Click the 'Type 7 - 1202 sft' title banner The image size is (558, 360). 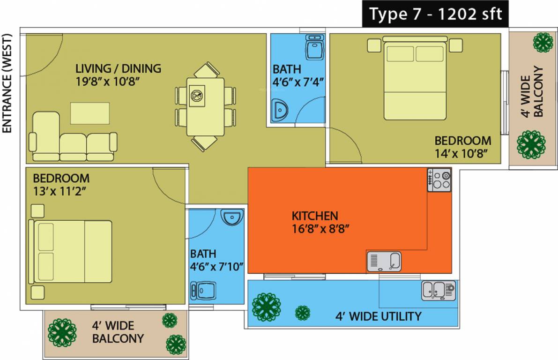coord(435,14)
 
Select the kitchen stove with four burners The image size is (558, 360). coord(439,180)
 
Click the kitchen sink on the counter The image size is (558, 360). coord(384,261)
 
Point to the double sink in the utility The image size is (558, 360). coord(439,291)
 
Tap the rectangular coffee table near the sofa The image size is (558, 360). coord(89,113)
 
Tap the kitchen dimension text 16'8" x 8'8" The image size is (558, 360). coord(321,229)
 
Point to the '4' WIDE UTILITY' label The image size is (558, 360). coord(378,316)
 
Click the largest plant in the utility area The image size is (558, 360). coord(266,307)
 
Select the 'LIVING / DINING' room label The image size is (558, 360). coord(118,68)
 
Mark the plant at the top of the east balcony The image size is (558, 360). coord(542,43)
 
